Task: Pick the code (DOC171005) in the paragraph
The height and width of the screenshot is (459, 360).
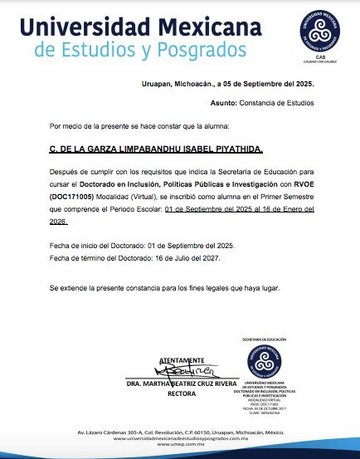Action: click(x=72, y=196)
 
